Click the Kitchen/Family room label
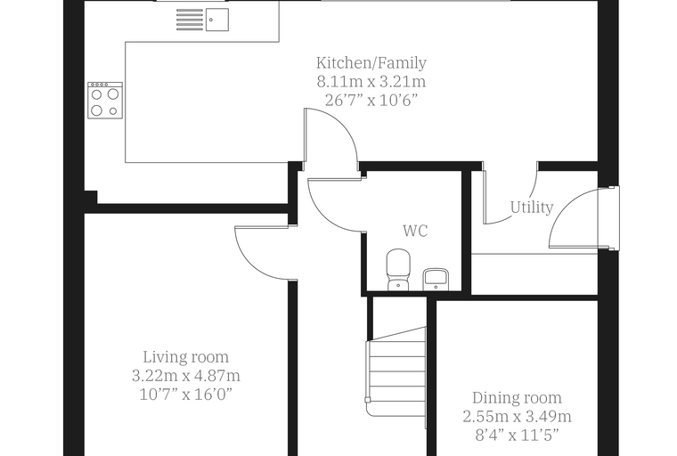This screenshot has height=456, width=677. click(x=371, y=63)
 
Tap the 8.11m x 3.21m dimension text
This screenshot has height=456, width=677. click(x=371, y=81)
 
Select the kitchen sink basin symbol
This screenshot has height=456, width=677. click(x=216, y=20)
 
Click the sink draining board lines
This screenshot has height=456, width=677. click(x=190, y=20)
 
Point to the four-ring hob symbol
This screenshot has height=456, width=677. click(x=105, y=100)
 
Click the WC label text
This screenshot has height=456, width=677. click(x=415, y=231)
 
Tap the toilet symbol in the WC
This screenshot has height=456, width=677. click(x=398, y=270)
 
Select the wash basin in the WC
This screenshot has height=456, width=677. click(x=436, y=279)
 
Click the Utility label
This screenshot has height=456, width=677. click(x=532, y=208)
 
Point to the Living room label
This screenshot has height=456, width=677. click(x=185, y=357)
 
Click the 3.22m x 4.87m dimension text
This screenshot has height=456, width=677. click(x=185, y=376)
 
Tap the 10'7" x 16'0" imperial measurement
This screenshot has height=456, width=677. click(x=185, y=395)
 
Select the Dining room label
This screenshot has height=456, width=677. click(x=517, y=398)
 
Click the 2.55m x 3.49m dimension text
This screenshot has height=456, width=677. click(x=517, y=416)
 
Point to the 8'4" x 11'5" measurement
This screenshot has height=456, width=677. click(x=517, y=435)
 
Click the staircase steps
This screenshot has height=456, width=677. click(x=396, y=371)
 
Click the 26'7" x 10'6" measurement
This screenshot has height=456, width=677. click(x=371, y=100)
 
